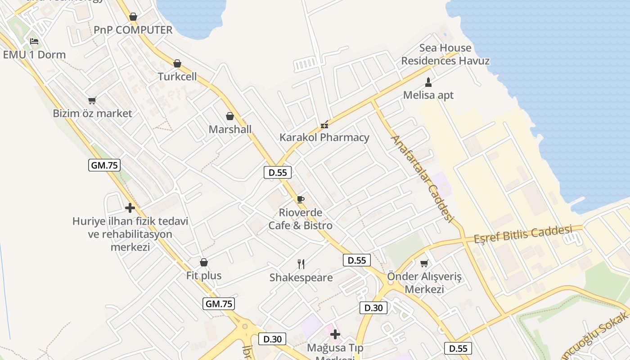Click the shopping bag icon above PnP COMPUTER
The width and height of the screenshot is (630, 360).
coord(133,17)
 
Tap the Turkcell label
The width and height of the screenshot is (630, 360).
coord(177,76)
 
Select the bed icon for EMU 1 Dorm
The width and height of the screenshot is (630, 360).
coord(34,42)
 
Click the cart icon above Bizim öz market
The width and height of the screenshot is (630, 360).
coord(92,100)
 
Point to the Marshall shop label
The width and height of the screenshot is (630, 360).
coord(230,130)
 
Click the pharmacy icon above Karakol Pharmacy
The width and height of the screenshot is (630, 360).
coord(324,125)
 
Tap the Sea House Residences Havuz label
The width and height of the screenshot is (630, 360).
coord(445,54)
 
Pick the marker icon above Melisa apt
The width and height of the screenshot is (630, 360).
coord(428,82)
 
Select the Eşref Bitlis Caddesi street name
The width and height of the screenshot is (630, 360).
coord(523,234)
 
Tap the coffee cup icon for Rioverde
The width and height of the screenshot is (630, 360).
coord(301,199)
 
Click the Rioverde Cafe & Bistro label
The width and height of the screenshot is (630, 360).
coord(300,219)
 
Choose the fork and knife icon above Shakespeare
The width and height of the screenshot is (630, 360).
coord(301,264)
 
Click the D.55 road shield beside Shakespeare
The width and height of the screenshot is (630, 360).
coord(357,260)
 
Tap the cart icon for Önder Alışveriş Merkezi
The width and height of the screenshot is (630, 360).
coord(424,263)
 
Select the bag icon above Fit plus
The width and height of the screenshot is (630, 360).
coord(204,262)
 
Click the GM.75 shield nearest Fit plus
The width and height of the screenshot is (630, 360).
coord(219,304)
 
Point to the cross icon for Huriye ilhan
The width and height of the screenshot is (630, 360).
coord(130,208)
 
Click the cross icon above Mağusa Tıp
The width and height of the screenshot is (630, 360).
coord(335,334)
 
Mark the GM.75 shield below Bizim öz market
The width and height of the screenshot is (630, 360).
coord(104,165)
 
